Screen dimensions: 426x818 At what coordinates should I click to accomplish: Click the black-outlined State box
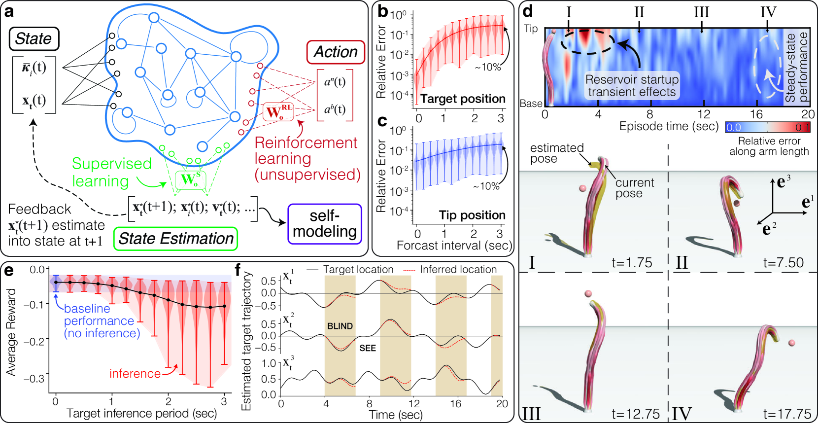tap(34, 39)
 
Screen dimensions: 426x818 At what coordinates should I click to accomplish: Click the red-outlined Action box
tap(336, 52)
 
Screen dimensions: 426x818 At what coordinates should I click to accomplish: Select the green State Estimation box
tap(176, 239)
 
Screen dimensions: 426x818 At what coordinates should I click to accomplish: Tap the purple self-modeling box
tap(325, 224)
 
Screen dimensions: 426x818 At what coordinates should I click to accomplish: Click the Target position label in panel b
tap(463, 99)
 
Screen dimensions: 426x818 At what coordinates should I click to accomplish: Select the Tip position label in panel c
tap(472, 215)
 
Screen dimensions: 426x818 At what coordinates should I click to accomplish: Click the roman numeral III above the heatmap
tap(701, 12)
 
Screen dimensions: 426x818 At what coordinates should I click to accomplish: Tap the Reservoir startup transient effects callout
tap(632, 86)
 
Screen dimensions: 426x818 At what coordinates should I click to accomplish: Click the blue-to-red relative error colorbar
tap(767, 127)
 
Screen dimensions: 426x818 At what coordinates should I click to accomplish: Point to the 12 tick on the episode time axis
tap(704, 114)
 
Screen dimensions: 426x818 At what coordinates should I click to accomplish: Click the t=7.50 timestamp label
tap(783, 263)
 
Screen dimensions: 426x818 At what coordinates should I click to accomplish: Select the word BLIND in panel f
tap(340, 326)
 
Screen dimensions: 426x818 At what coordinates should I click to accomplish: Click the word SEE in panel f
tap(368, 348)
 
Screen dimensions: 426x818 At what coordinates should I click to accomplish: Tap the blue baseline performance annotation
tap(102, 321)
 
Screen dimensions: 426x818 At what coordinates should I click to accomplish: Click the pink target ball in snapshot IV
tap(791, 343)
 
